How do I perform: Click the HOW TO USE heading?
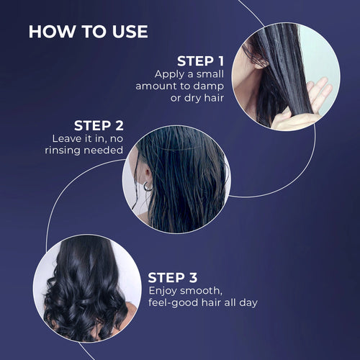[x=88, y=32]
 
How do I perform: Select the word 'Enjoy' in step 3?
[x=165, y=290]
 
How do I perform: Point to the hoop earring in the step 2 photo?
[x=148, y=186]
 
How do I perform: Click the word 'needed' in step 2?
[x=105, y=150]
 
